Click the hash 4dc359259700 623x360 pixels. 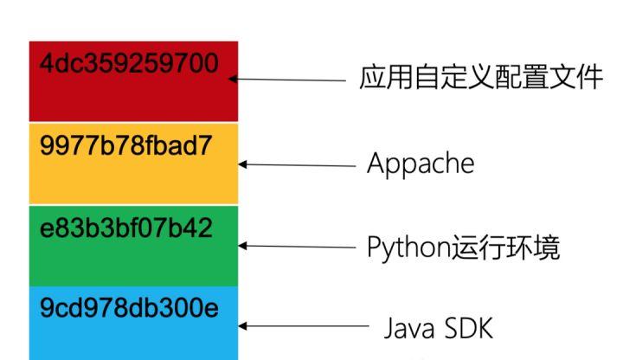click(x=129, y=64)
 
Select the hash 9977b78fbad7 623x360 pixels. click(x=126, y=145)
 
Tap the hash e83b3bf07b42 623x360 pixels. click(x=126, y=228)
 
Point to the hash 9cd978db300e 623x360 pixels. click(x=129, y=308)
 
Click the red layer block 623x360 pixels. click(x=133, y=95)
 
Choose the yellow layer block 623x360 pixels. click(x=133, y=177)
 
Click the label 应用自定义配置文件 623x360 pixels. click(x=480, y=78)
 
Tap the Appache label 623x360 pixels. click(x=421, y=164)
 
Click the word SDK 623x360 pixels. click(x=468, y=328)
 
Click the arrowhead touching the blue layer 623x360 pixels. click(x=243, y=326)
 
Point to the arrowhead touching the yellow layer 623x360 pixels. click(x=243, y=164)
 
